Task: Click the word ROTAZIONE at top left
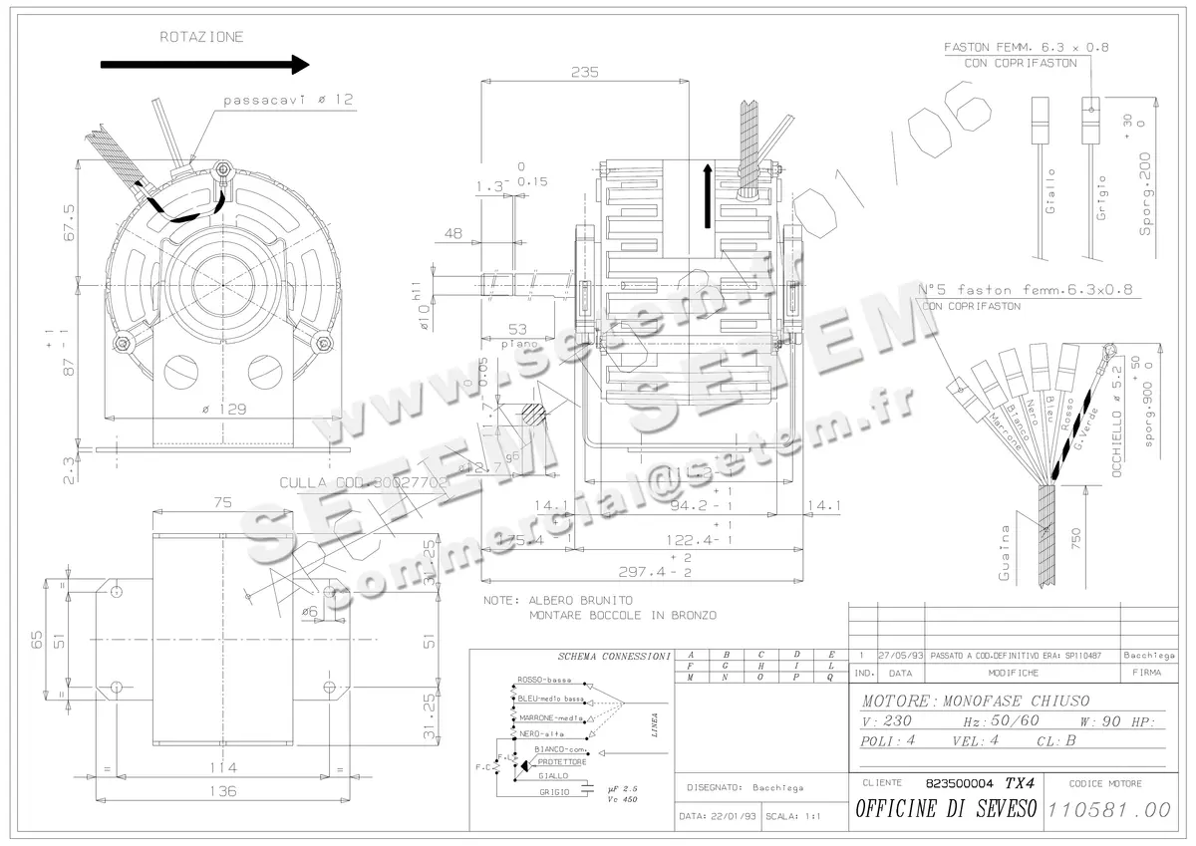pos(201,37)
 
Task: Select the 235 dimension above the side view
pos(584,72)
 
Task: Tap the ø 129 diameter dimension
pos(225,409)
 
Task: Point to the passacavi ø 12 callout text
pos(288,100)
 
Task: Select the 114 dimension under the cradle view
pos(225,767)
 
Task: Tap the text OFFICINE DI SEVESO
pos(945,809)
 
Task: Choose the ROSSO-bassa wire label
pos(543,680)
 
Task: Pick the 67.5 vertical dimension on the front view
pos(69,224)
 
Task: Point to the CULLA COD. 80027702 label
pos(362,481)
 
